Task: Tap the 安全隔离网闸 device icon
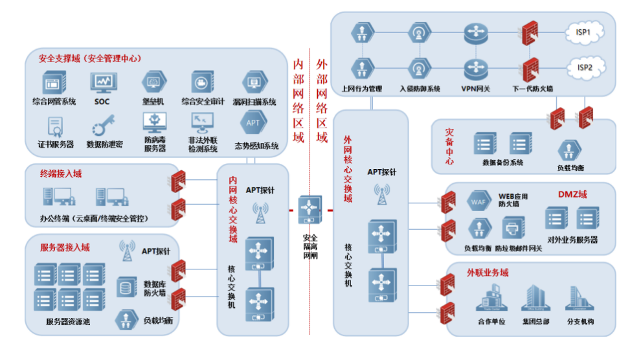click(310, 210)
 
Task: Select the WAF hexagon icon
click(478, 201)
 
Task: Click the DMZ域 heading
click(572, 194)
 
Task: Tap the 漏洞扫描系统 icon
click(253, 82)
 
